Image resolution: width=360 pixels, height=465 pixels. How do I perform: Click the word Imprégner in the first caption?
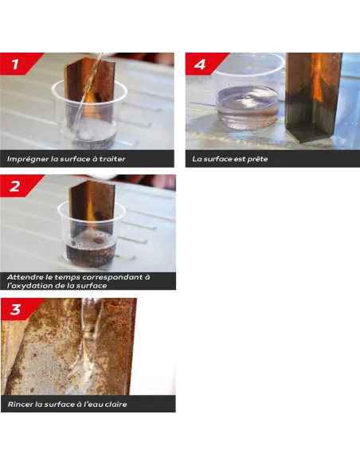[x=27, y=159]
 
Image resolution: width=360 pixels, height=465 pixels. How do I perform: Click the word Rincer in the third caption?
[x=20, y=404]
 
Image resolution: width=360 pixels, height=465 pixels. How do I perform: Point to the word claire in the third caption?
[x=114, y=404]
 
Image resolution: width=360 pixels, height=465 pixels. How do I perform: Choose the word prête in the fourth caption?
[x=256, y=159]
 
